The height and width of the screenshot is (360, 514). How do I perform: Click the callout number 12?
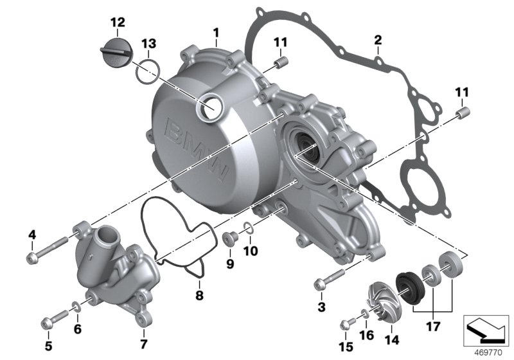(117, 22)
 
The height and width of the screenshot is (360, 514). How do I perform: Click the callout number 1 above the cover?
(217, 32)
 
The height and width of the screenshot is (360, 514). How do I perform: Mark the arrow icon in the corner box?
(486, 331)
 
